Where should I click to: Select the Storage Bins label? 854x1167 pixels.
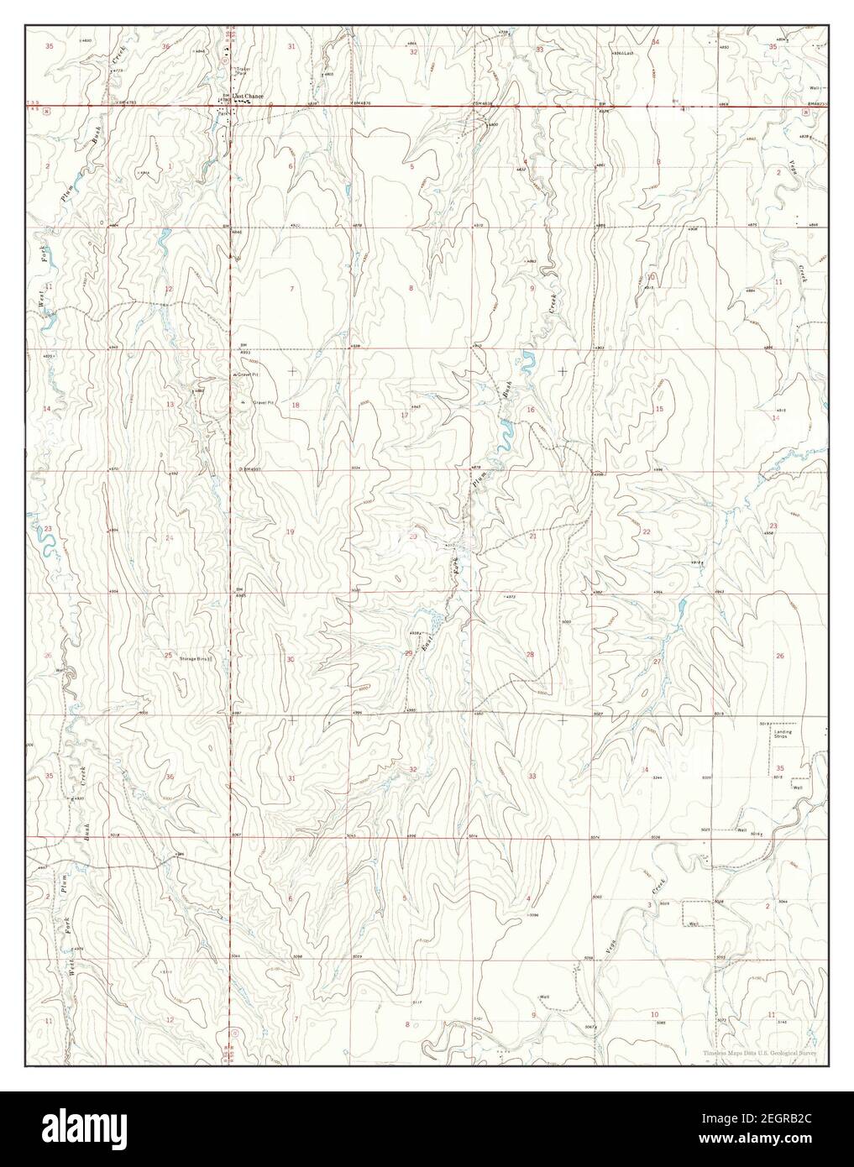(x=195, y=659)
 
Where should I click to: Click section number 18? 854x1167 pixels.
(x=295, y=406)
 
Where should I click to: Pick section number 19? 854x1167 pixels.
(x=291, y=532)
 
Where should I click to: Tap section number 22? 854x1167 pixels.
(x=646, y=532)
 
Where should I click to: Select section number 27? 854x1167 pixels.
(x=657, y=662)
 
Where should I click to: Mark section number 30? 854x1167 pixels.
(x=291, y=660)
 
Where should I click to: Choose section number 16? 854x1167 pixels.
(x=530, y=409)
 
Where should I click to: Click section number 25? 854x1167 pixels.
(x=168, y=655)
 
